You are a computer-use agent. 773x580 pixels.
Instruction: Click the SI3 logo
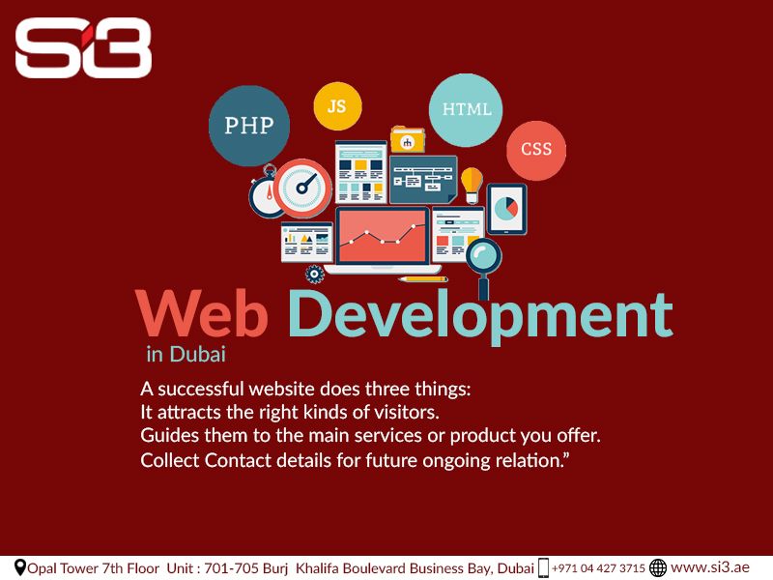pos(83,47)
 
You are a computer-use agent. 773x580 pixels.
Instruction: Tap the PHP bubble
pos(249,126)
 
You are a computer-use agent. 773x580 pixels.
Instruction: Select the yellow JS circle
pos(337,106)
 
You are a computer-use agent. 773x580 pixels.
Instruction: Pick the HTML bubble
pos(466,110)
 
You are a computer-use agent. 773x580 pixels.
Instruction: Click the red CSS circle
pos(536,150)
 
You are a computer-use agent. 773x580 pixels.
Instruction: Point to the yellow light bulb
pos(472,185)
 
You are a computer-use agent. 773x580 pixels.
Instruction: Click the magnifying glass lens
pos(484,256)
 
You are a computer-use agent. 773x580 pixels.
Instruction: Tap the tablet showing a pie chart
pos(506,209)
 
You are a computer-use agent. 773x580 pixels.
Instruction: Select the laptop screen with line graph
pos(382,236)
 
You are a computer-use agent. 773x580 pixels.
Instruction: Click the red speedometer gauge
pos(302,188)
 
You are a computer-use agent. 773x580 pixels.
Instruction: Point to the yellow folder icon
pos(408,139)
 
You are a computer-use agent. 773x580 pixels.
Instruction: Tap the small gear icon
pos(315,275)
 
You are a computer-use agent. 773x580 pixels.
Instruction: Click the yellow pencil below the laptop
pos(423,279)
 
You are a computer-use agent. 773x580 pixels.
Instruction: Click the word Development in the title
pos(480,315)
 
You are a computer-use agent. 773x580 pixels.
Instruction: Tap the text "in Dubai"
pos(186,354)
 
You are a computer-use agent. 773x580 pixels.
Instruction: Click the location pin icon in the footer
pos(19,568)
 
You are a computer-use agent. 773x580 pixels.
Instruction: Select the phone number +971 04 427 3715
pos(598,568)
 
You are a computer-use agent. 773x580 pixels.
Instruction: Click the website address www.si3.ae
pos(710,567)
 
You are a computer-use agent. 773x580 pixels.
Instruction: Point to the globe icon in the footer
pos(658,567)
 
